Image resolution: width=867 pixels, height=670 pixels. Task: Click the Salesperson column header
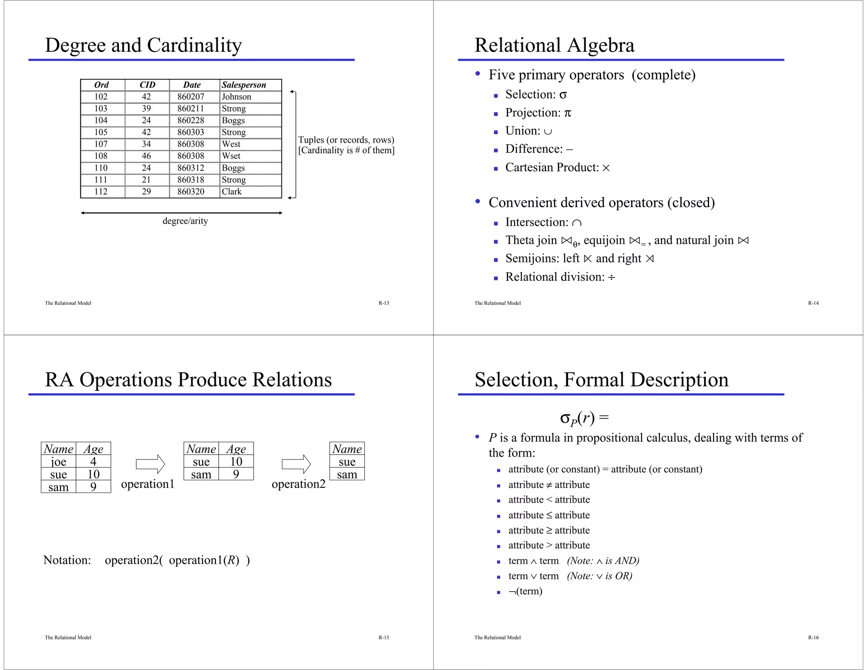pyautogui.click(x=244, y=85)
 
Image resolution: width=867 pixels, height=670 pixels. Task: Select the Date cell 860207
pyautogui.click(x=191, y=97)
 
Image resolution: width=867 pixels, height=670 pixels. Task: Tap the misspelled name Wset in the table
pyautogui.click(x=231, y=156)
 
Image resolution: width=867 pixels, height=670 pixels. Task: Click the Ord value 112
pyautogui.click(x=101, y=191)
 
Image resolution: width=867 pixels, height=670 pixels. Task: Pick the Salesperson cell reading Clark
pyautogui.click(x=232, y=191)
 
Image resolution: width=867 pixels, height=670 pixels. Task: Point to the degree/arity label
pyautogui.click(x=185, y=221)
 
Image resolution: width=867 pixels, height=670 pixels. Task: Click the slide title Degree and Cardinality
pyautogui.click(x=144, y=45)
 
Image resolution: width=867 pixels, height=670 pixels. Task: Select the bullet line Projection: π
pyautogui.click(x=538, y=113)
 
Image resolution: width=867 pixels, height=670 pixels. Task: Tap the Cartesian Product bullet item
pyautogui.click(x=557, y=167)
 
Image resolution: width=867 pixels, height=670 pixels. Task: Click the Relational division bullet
pyautogui.click(x=560, y=277)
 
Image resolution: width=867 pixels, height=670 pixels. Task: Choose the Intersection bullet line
pyautogui.click(x=543, y=222)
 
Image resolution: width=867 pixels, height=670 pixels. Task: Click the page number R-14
pyautogui.click(x=813, y=303)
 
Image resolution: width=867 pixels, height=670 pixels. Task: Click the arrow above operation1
pyautogui.click(x=150, y=464)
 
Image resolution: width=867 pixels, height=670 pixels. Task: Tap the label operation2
pyautogui.click(x=298, y=484)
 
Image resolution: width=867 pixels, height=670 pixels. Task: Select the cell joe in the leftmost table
pyautogui.click(x=58, y=462)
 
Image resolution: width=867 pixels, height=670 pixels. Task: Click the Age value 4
pyautogui.click(x=93, y=462)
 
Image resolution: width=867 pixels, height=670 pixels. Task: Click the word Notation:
pyautogui.click(x=67, y=560)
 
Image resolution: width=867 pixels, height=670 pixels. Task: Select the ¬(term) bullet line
pyautogui.click(x=525, y=591)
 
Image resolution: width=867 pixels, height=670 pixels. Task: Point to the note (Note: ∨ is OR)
pyautogui.click(x=599, y=576)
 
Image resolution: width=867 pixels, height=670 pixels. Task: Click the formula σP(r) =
pyautogui.click(x=584, y=418)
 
